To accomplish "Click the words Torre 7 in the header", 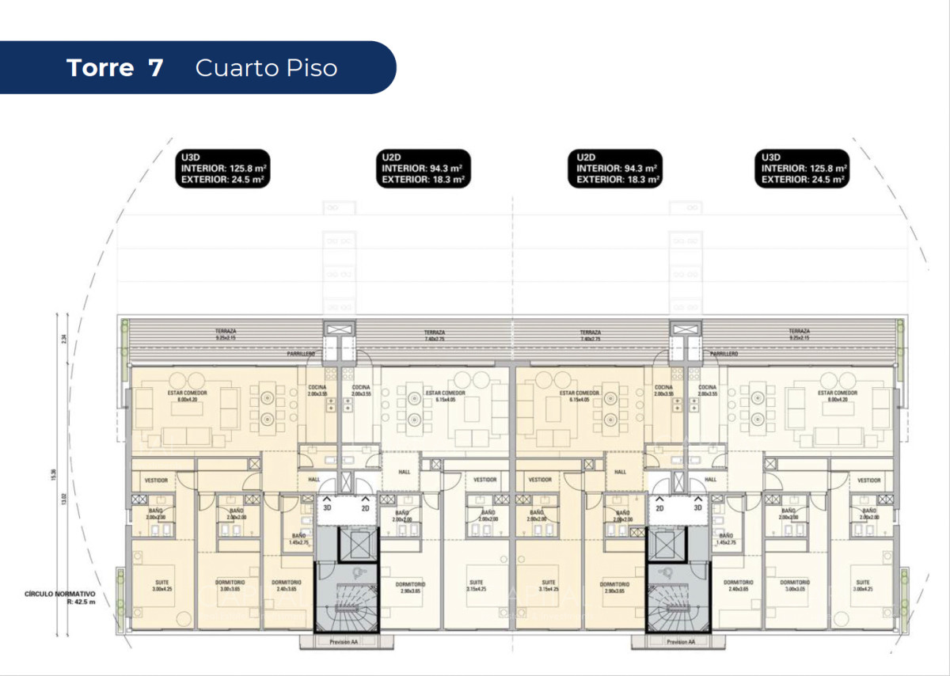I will (x=115, y=68).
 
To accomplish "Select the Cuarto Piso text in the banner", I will (x=266, y=68).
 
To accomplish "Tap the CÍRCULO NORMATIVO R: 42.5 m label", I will (x=60, y=597).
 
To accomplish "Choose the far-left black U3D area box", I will (x=223, y=169).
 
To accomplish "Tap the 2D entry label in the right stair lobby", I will (x=659, y=508).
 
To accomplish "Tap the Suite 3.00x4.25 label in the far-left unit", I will (x=161, y=586).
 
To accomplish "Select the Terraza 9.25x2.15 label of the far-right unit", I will (x=799, y=335).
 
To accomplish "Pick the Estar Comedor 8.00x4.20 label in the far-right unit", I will (x=837, y=396).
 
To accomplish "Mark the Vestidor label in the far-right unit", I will (x=868, y=480).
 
